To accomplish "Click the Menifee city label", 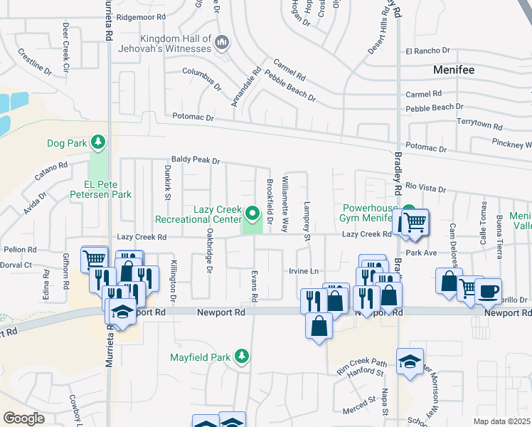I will tap(454, 70).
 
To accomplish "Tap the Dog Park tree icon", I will tap(98, 143).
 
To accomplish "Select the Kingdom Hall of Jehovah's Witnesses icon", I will tap(222, 42).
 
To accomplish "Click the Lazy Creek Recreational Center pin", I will tap(252, 213).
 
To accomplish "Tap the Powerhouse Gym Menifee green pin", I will tap(409, 213).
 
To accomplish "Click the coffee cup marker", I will tap(489, 291).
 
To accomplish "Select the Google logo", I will tap(23, 418).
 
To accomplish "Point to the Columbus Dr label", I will tap(202, 75).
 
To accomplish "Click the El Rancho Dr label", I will tap(427, 51).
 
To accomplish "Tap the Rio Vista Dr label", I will tap(425, 189).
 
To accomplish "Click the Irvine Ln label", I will tap(303, 270).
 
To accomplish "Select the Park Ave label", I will tap(420, 253).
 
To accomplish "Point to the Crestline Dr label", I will tap(34, 61).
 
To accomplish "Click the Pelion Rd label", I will tap(20, 250).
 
